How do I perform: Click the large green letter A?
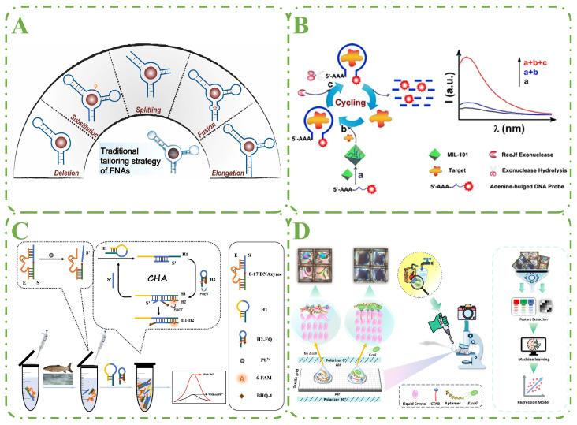tap(25, 33)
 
